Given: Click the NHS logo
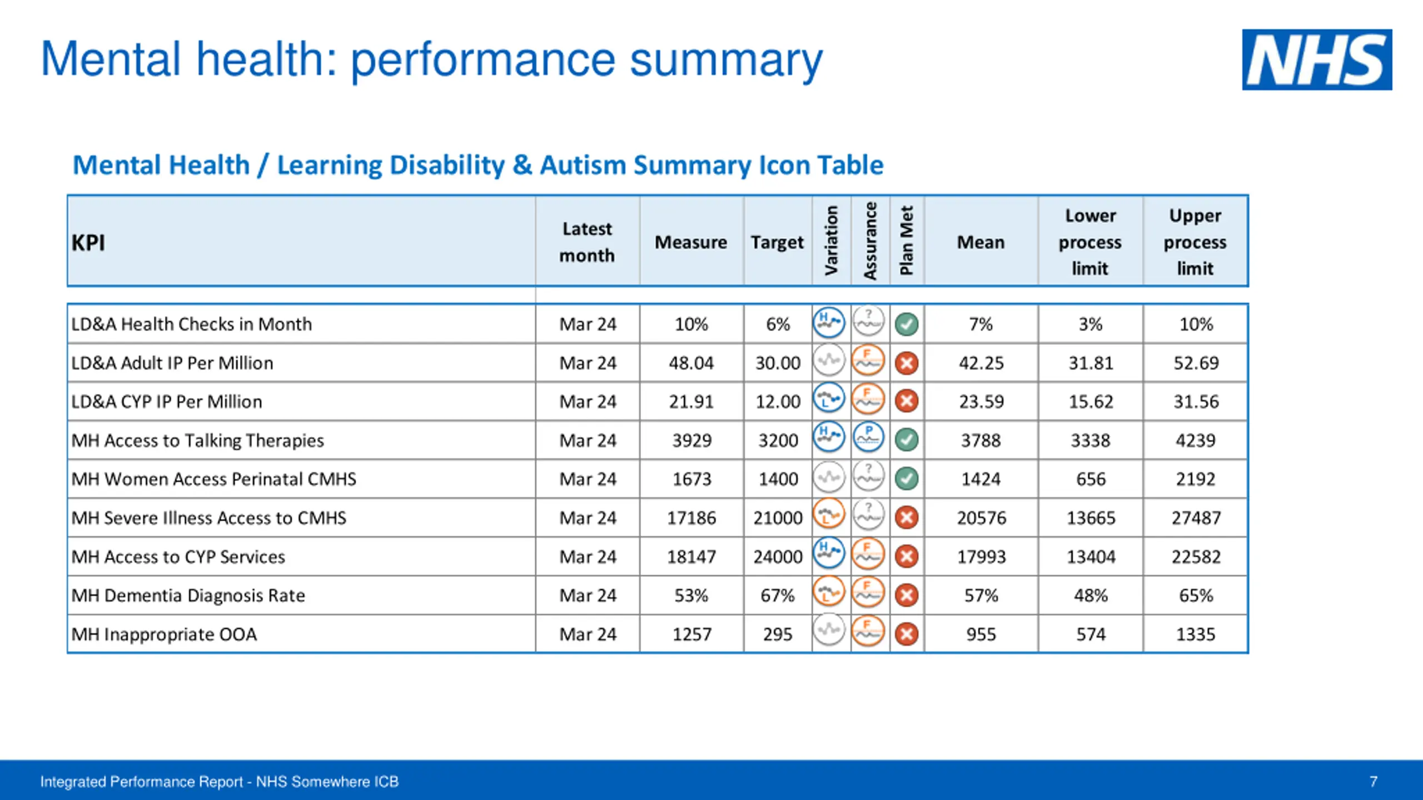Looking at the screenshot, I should (1316, 59).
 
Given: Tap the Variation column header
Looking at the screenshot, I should (831, 241).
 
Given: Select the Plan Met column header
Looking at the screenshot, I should (907, 241).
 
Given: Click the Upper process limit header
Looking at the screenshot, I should (1195, 242).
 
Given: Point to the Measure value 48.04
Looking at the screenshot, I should (691, 363).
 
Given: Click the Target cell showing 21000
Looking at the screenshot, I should (778, 518).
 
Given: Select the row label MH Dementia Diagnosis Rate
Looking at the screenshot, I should (188, 596).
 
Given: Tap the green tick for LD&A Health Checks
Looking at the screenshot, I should (907, 324).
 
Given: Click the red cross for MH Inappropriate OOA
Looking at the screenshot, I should (907, 634).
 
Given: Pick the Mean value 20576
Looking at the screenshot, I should (981, 518).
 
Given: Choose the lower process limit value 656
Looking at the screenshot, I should (1091, 479).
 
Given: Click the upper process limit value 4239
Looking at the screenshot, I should (1195, 441).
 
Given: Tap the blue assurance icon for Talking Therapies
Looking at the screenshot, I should (868, 437).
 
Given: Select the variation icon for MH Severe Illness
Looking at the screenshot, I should (829, 515).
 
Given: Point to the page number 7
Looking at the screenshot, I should (1374, 782).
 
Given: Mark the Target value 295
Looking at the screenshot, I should (778, 634).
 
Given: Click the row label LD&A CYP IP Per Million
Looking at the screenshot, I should (166, 402).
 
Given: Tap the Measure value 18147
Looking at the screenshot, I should (691, 557).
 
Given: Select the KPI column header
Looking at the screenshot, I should (88, 243).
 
